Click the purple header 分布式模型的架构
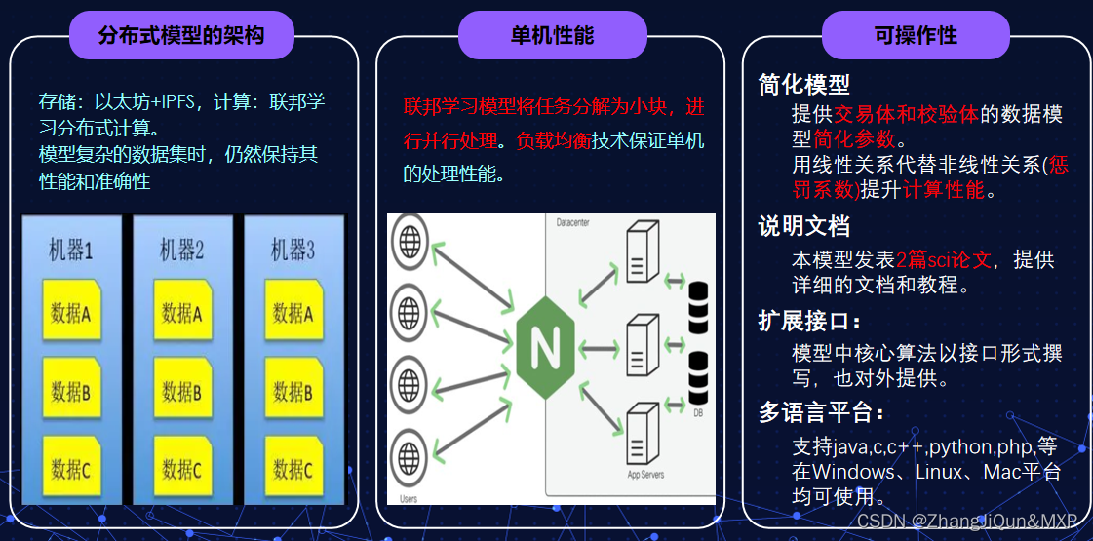[x=181, y=36]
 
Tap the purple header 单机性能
[x=552, y=36]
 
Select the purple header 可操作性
[x=916, y=36]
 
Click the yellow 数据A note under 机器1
[x=71, y=313]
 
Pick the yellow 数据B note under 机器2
[x=182, y=392]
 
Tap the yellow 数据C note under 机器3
[x=293, y=470]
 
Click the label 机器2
[x=182, y=251]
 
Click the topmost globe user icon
[x=408, y=237]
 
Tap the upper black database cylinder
[x=698, y=303]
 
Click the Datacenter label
[x=572, y=222]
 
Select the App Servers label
[x=645, y=475]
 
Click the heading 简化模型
[x=804, y=85]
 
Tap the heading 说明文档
[x=804, y=227]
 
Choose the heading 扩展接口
[x=809, y=321]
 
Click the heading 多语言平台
[x=822, y=413]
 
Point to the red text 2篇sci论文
[x=943, y=260]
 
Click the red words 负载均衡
[x=554, y=140]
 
